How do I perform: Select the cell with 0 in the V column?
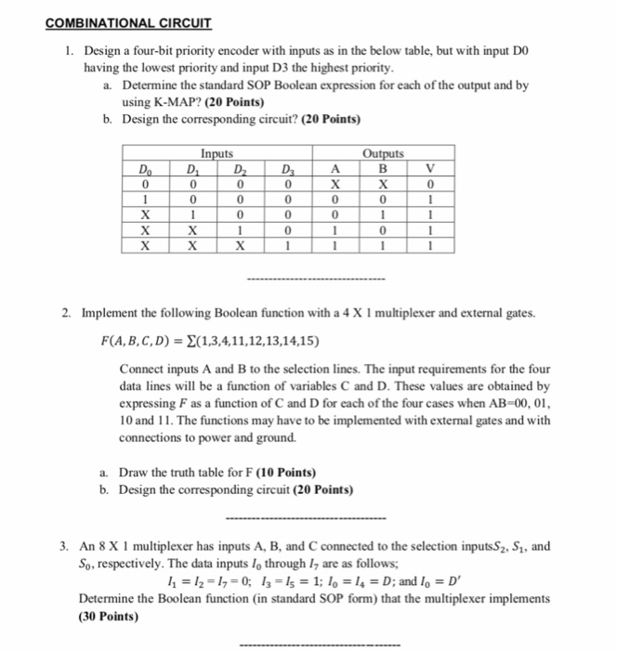[429, 184]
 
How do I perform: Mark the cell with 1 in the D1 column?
[192, 215]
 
